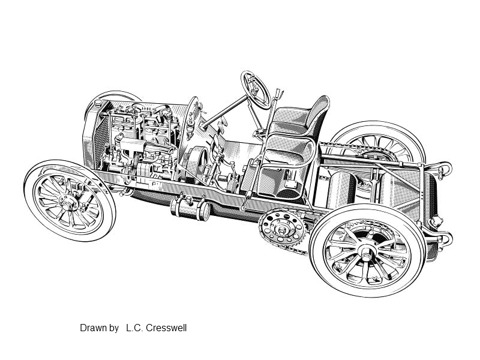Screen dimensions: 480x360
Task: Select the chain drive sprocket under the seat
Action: point(282,227)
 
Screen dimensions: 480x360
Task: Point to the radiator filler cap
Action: point(98,103)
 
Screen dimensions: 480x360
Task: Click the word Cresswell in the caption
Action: point(166,328)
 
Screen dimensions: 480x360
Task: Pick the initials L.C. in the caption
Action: point(134,328)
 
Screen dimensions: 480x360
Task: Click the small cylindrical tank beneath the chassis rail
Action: point(190,208)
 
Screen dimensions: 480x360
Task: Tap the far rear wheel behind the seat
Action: point(380,142)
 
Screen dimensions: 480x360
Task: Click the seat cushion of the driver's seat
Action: point(288,150)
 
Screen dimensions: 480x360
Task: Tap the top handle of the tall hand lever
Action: point(279,93)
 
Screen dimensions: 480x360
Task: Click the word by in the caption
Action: point(113,328)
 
